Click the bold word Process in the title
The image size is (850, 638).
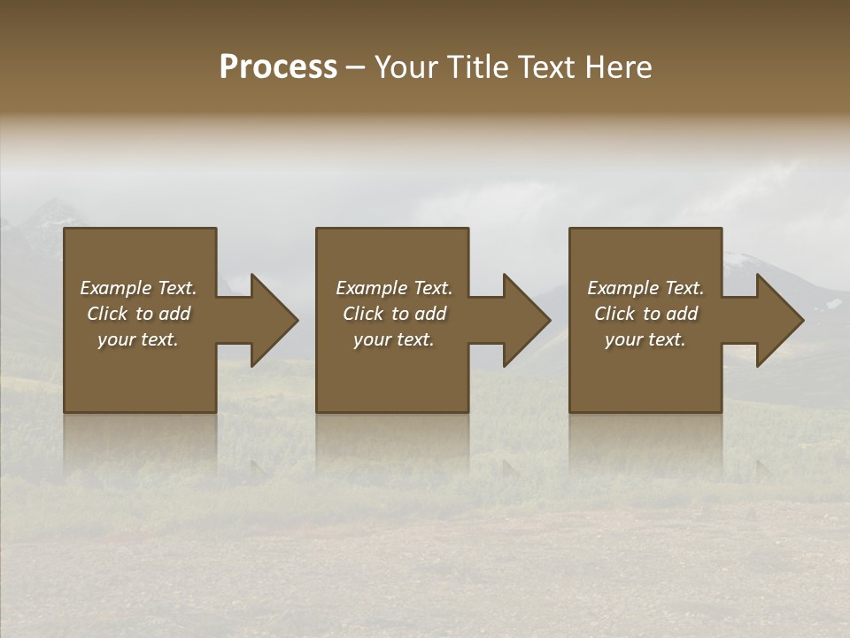(278, 67)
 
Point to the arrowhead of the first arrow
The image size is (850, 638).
(274, 320)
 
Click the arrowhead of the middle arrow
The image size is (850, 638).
(527, 320)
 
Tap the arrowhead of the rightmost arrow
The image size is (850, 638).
(780, 320)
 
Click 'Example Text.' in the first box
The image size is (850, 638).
(138, 288)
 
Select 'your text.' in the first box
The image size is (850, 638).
(138, 339)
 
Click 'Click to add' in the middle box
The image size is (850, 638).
(394, 314)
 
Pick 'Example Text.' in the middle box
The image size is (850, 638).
(394, 288)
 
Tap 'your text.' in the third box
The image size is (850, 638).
(645, 339)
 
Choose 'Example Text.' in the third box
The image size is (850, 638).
(645, 288)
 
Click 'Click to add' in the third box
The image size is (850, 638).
(645, 314)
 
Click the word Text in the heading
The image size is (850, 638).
(545, 67)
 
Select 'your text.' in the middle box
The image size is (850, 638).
(394, 339)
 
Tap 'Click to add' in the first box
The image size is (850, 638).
(138, 314)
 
